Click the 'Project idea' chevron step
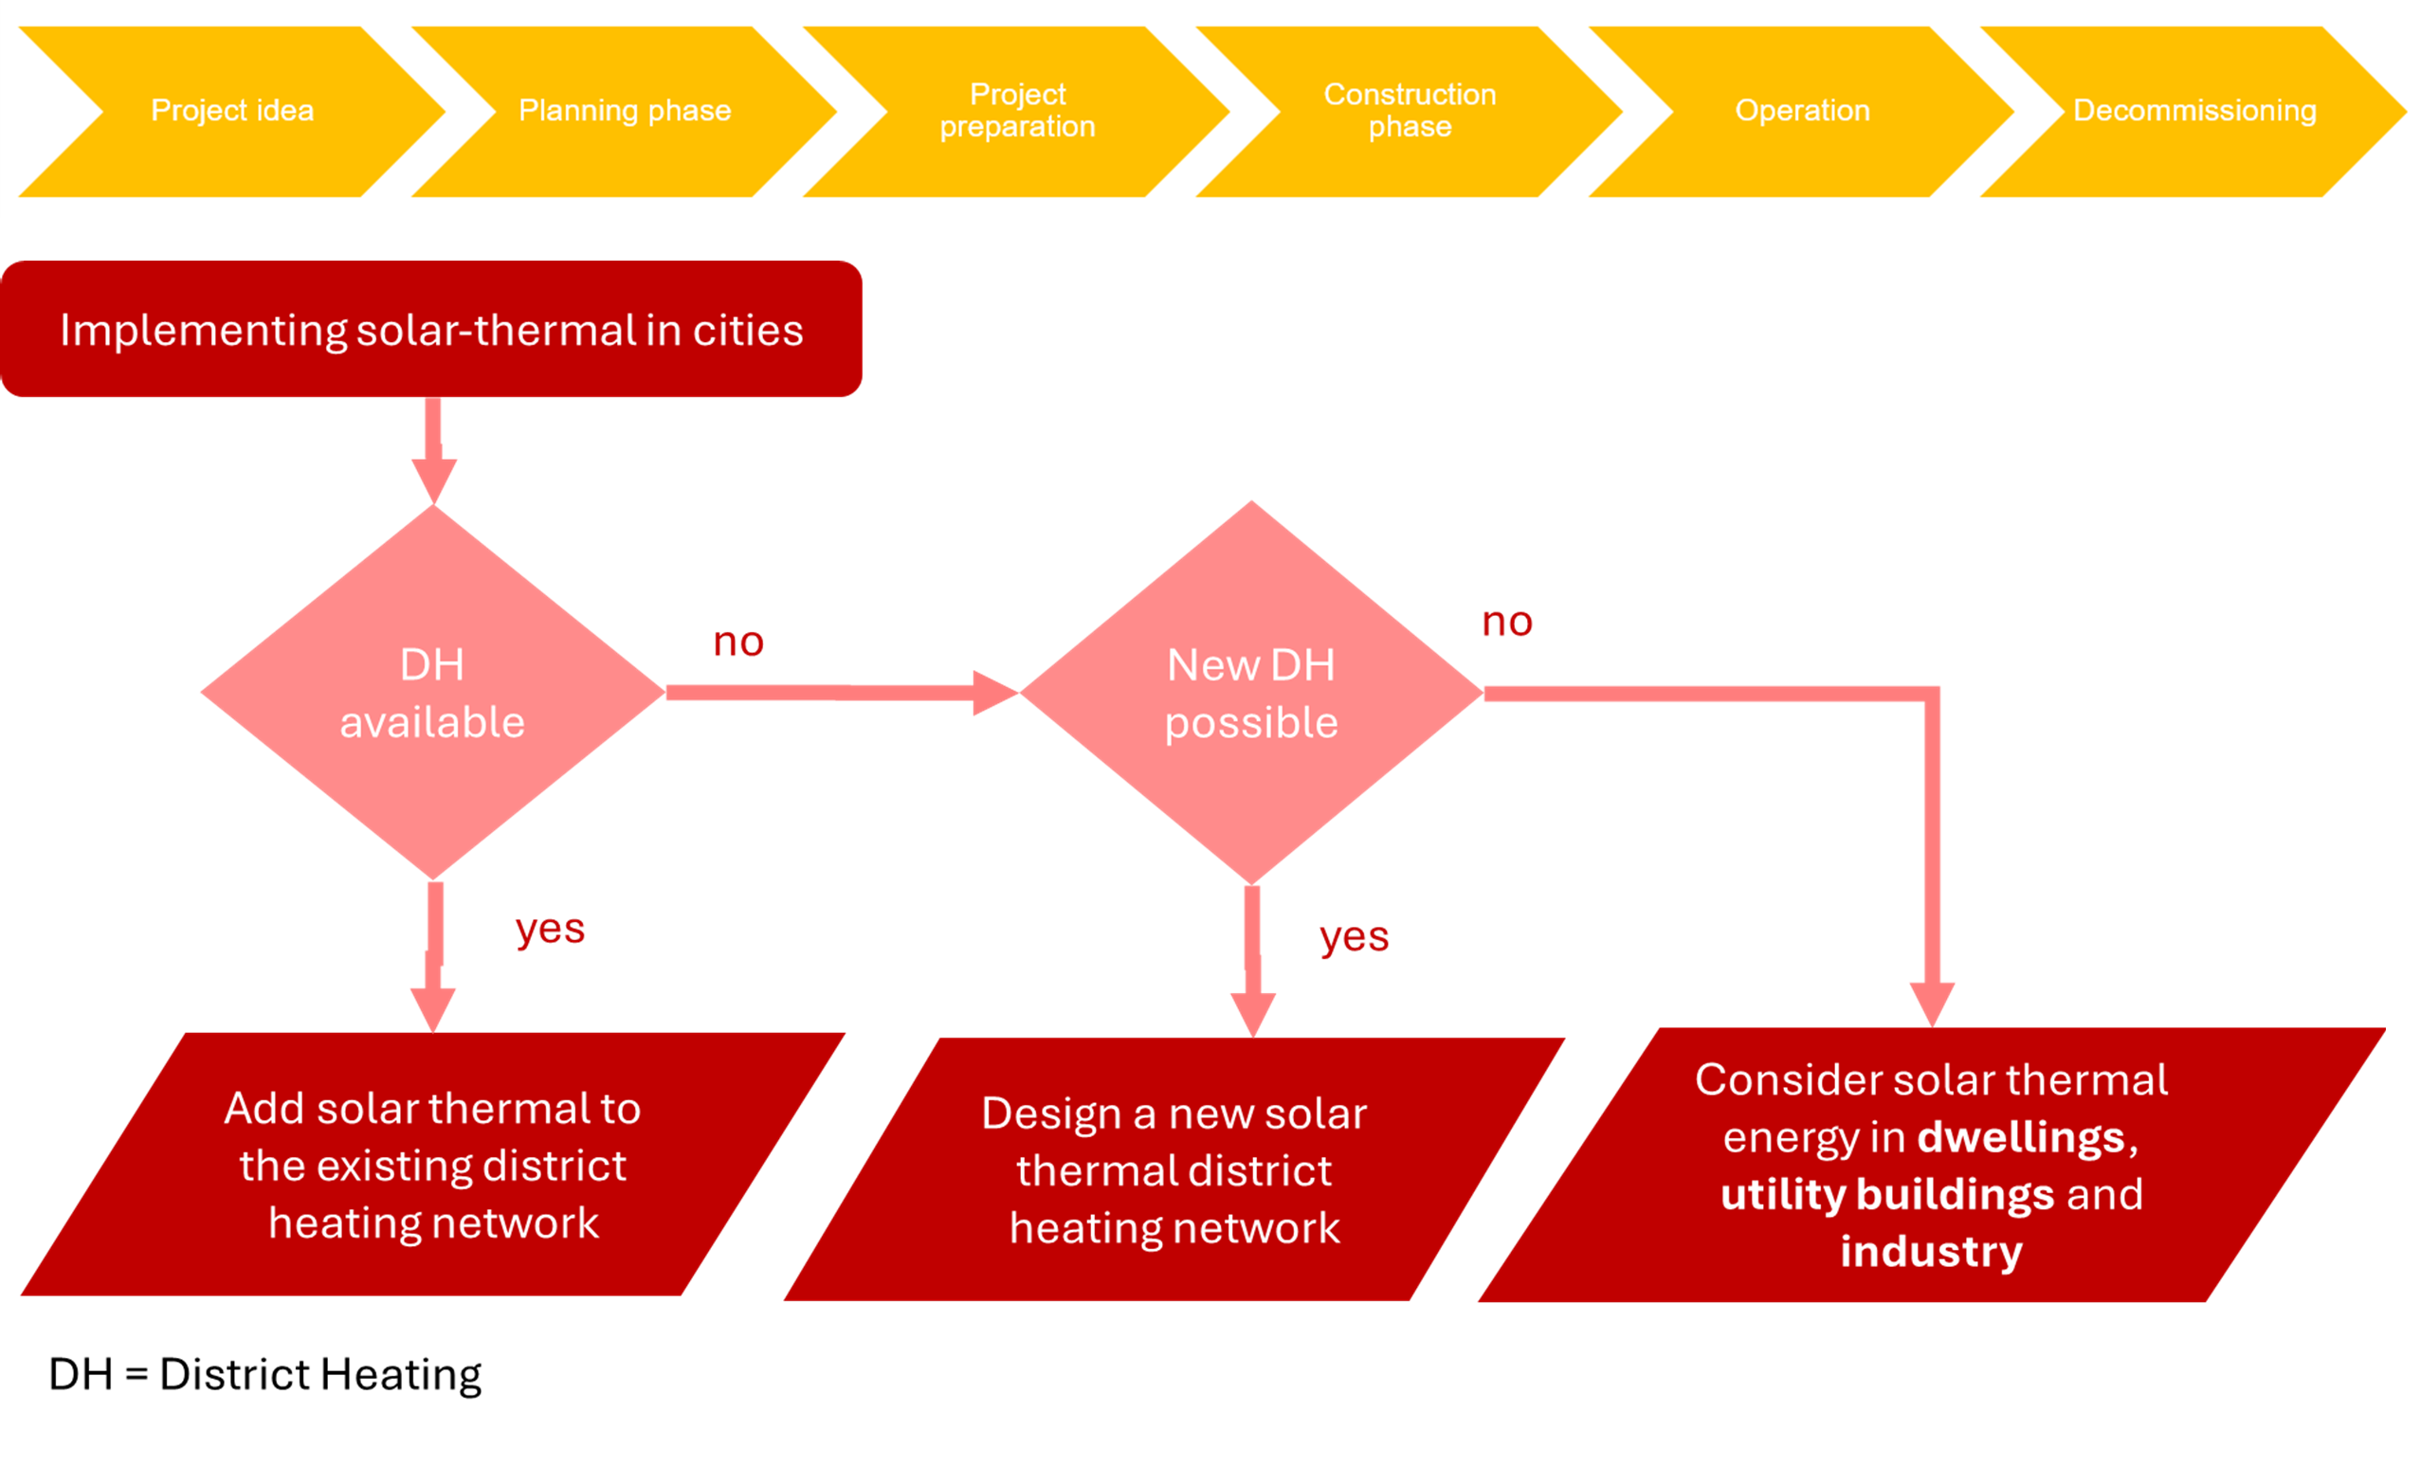tap(232, 111)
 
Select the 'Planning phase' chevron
tap(625, 111)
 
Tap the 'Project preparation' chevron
tap(1017, 111)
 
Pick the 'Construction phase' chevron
tap(1410, 111)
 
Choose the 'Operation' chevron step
tap(1802, 111)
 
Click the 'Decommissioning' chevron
tap(2194, 111)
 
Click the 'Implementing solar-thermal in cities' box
tap(432, 330)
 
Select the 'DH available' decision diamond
tap(432, 693)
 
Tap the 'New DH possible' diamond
tap(1251, 693)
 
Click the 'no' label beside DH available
tap(738, 642)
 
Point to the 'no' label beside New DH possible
tap(1507, 622)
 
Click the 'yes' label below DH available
tap(550, 928)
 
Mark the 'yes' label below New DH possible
tap(1354, 937)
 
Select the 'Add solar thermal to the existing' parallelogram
tap(432, 1165)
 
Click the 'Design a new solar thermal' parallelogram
tap(1174, 1169)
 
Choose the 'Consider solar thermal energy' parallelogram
tap(1931, 1165)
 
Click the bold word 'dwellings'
tap(2021, 1137)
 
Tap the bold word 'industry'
tap(1931, 1251)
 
